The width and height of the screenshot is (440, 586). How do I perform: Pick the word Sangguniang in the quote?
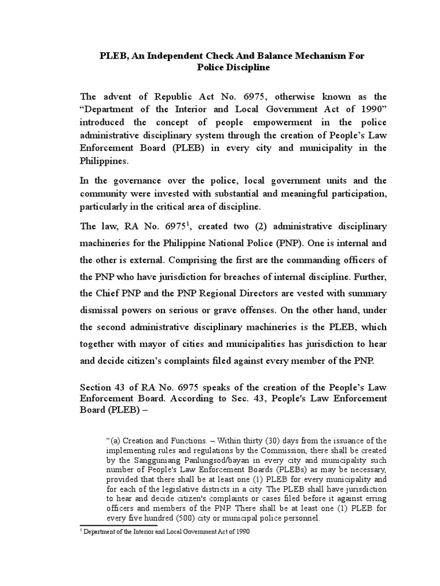pos(151,467)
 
